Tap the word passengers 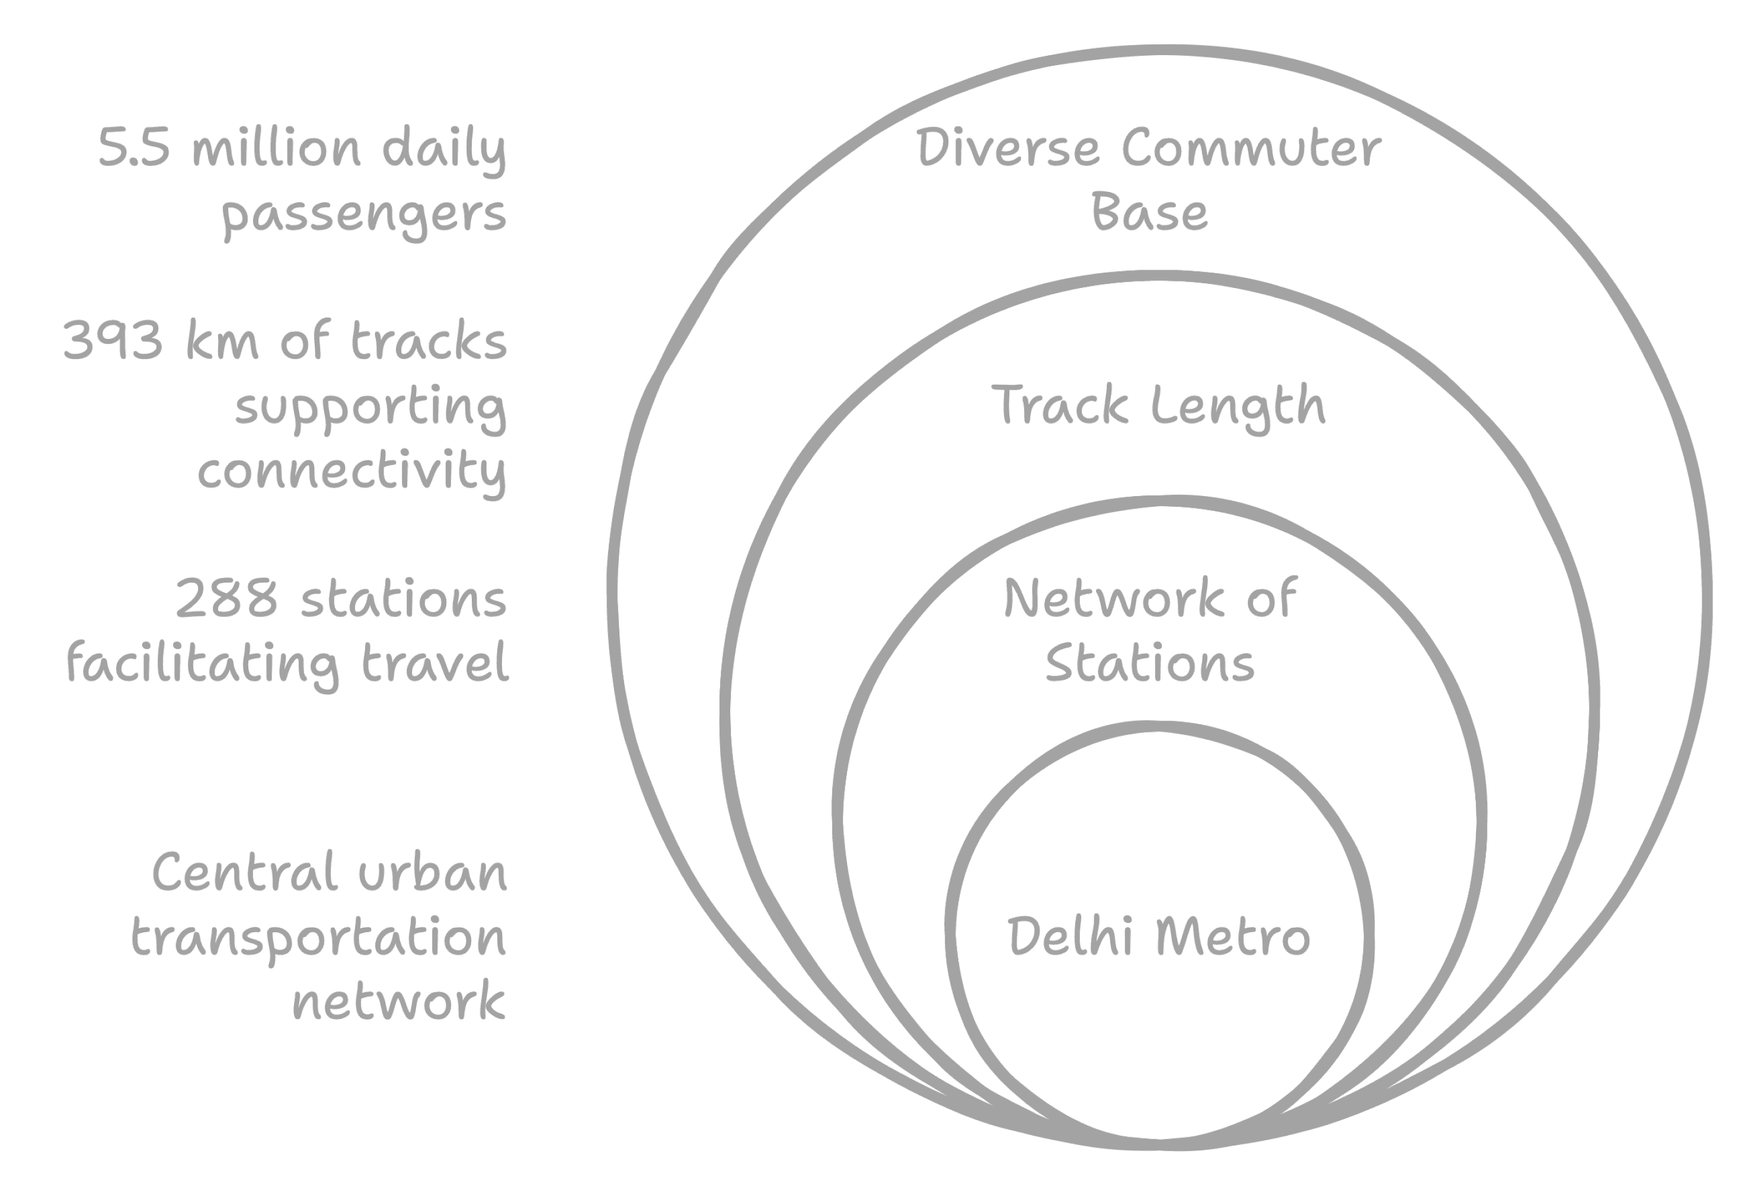[363, 215]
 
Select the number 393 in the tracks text [113, 341]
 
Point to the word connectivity [351, 471]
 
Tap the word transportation [318, 938]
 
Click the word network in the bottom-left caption [399, 1002]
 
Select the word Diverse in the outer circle [1008, 149]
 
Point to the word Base [1149, 213]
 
